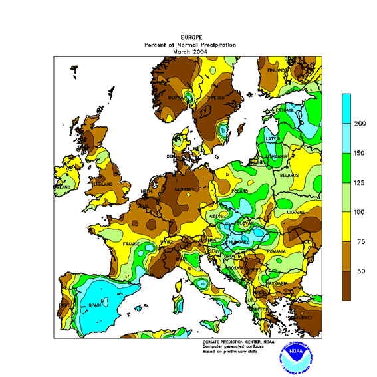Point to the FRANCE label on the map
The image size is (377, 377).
[131, 244]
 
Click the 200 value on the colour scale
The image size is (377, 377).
[360, 124]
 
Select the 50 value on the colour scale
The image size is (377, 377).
[360, 271]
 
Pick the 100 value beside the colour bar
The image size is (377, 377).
[360, 212]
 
